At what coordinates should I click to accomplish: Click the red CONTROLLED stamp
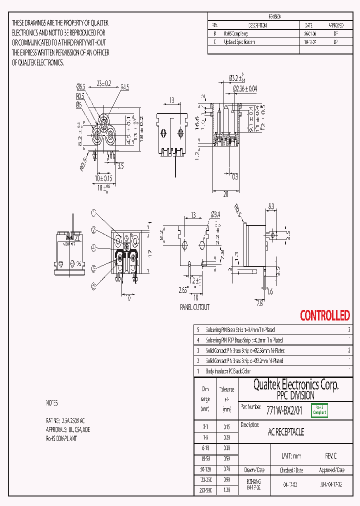[x=324, y=315]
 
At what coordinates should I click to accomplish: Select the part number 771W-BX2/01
[x=285, y=410]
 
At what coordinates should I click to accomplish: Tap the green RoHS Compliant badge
[x=319, y=410]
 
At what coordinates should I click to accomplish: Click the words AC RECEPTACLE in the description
[x=286, y=432]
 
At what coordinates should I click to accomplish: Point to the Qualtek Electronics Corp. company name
[x=295, y=384]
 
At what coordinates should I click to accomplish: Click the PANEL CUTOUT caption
[x=194, y=307]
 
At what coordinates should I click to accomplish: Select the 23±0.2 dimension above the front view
[x=104, y=83]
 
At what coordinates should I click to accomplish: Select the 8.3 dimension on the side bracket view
[x=271, y=205]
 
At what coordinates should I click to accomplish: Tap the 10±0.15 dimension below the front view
[x=104, y=178]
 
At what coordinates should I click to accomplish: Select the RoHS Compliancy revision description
[x=239, y=33]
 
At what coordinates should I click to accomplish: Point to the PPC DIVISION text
[x=295, y=395]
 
